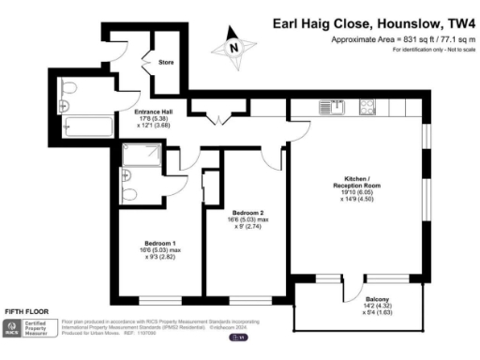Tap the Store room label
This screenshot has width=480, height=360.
[166, 63]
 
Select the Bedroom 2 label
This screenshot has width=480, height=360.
[247, 213]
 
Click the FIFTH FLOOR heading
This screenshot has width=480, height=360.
[27, 310]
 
